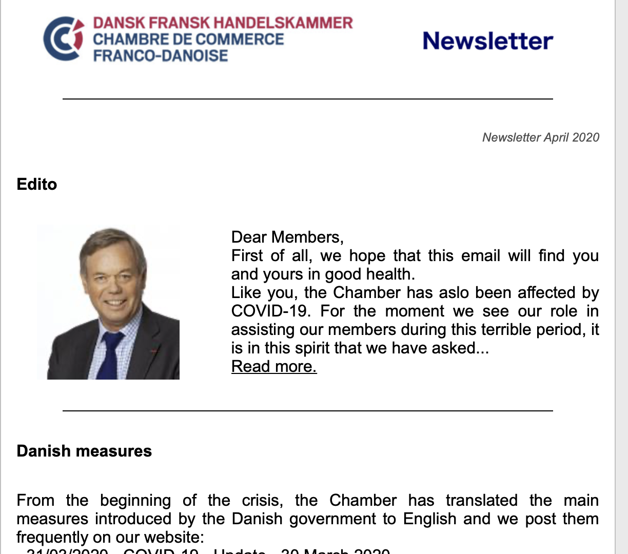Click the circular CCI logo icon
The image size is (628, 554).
(x=63, y=38)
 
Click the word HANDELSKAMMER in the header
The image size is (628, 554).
(x=283, y=23)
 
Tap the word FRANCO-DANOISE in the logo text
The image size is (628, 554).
(x=160, y=55)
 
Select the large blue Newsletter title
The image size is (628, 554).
(x=487, y=41)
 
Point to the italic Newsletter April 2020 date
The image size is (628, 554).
(x=540, y=137)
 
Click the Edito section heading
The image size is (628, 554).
(x=36, y=184)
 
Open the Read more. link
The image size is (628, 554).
(x=274, y=366)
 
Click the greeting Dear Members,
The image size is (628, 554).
(x=287, y=237)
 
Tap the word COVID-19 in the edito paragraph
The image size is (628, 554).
(x=270, y=311)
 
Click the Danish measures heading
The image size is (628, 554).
(x=84, y=451)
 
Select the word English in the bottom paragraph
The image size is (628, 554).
(x=429, y=519)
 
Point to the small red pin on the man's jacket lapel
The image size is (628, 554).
(x=153, y=351)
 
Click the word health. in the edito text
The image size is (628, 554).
(x=390, y=274)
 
